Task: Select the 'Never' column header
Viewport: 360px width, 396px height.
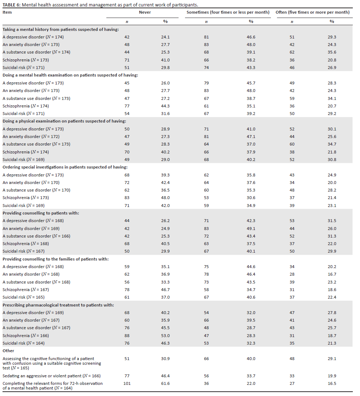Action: coord(145,12)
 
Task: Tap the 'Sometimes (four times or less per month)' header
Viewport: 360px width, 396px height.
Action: coord(228,12)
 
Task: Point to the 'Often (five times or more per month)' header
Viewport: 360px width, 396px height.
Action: coord(312,12)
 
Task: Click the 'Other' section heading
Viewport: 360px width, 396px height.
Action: coord(8,350)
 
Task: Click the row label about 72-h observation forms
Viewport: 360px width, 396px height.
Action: coord(52,386)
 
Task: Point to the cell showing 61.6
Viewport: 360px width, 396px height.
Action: coord(165,383)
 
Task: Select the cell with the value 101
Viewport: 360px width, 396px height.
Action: coord(127,383)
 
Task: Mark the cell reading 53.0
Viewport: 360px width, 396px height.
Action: coord(165,336)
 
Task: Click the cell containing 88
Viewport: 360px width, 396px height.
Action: coord(127,336)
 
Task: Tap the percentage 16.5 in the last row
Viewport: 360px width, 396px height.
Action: coord(332,383)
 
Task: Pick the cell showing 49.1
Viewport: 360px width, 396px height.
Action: coord(251,229)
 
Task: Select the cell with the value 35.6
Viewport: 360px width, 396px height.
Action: coord(332,52)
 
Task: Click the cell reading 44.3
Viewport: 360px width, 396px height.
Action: coord(165,106)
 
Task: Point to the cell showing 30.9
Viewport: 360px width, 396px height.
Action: coord(165,359)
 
